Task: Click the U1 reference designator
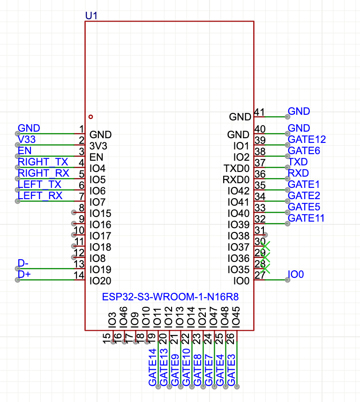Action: click(91, 15)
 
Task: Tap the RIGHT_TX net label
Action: click(43, 162)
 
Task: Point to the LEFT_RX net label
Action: click(40, 196)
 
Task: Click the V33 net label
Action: click(27, 140)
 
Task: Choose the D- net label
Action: click(23, 263)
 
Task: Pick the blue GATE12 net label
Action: click(307, 140)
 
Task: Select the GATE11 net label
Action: click(306, 218)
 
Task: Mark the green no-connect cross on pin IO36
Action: click(265, 257)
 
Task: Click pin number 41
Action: click(259, 112)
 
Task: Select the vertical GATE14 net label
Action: click(152, 367)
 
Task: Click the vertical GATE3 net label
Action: click(231, 367)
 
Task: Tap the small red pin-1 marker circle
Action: click(90, 117)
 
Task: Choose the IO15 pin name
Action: click(100, 213)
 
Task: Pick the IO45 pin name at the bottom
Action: click(236, 316)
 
